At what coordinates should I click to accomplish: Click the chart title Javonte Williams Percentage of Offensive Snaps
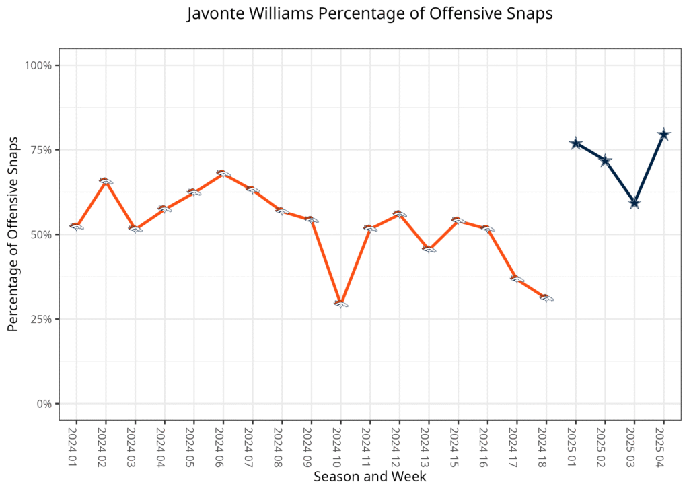click(x=369, y=14)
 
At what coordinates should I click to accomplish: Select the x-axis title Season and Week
click(x=369, y=477)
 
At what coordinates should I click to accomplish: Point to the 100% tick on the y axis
click(x=39, y=65)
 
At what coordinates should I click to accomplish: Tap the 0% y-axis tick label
click(x=44, y=404)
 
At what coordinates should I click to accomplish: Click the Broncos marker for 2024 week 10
click(x=340, y=304)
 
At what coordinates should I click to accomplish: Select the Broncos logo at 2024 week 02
click(x=106, y=180)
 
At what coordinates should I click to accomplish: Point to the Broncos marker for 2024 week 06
click(x=223, y=173)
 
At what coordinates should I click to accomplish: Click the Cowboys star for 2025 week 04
click(x=663, y=135)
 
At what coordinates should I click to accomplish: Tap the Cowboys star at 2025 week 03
click(x=634, y=203)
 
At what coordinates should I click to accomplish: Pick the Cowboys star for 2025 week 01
click(x=575, y=143)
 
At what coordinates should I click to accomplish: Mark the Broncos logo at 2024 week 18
click(x=546, y=297)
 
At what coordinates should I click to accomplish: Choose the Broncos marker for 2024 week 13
click(x=429, y=249)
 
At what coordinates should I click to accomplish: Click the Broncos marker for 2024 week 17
click(x=517, y=278)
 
